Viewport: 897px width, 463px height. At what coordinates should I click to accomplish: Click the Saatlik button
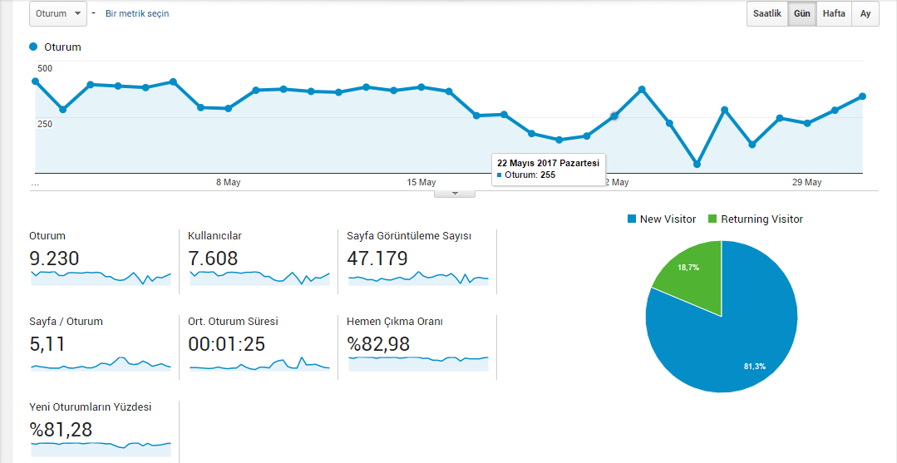(767, 14)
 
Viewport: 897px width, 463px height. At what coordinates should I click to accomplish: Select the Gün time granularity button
(802, 14)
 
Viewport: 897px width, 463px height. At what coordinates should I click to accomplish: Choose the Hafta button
(834, 14)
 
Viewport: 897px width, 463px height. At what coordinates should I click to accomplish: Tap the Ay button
(865, 14)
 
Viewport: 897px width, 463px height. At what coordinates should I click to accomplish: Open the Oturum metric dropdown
(58, 14)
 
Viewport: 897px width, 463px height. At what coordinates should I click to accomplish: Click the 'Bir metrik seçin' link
(137, 14)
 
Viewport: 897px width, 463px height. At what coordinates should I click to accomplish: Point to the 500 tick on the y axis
(45, 69)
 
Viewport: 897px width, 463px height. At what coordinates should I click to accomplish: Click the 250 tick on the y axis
(45, 124)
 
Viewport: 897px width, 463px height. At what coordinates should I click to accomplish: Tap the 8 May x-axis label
(229, 183)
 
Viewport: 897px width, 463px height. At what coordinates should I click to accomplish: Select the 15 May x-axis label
(421, 183)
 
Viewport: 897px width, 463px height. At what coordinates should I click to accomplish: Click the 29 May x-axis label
(806, 183)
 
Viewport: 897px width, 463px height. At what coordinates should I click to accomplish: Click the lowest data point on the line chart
(697, 165)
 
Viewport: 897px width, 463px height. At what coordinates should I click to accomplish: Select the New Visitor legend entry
(662, 219)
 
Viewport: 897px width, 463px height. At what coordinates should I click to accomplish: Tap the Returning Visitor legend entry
(756, 219)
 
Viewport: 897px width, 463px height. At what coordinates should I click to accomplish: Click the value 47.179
(377, 259)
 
